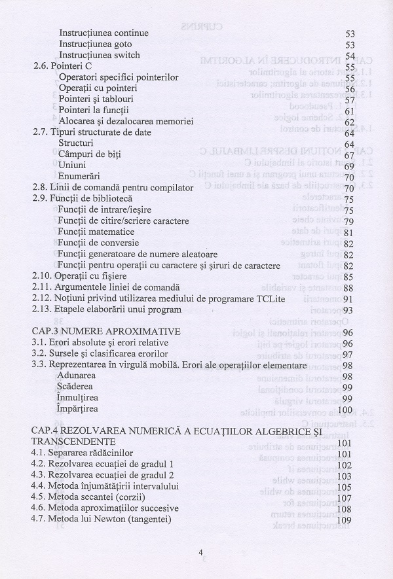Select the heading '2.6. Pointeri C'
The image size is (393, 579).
(63, 66)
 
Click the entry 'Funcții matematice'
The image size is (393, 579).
(96, 232)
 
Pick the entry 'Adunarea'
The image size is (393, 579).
(77, 376)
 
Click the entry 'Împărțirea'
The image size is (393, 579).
(78, 409)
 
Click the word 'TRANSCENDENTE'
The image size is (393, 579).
(73, 442)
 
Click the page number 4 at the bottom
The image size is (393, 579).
(201, 552)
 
